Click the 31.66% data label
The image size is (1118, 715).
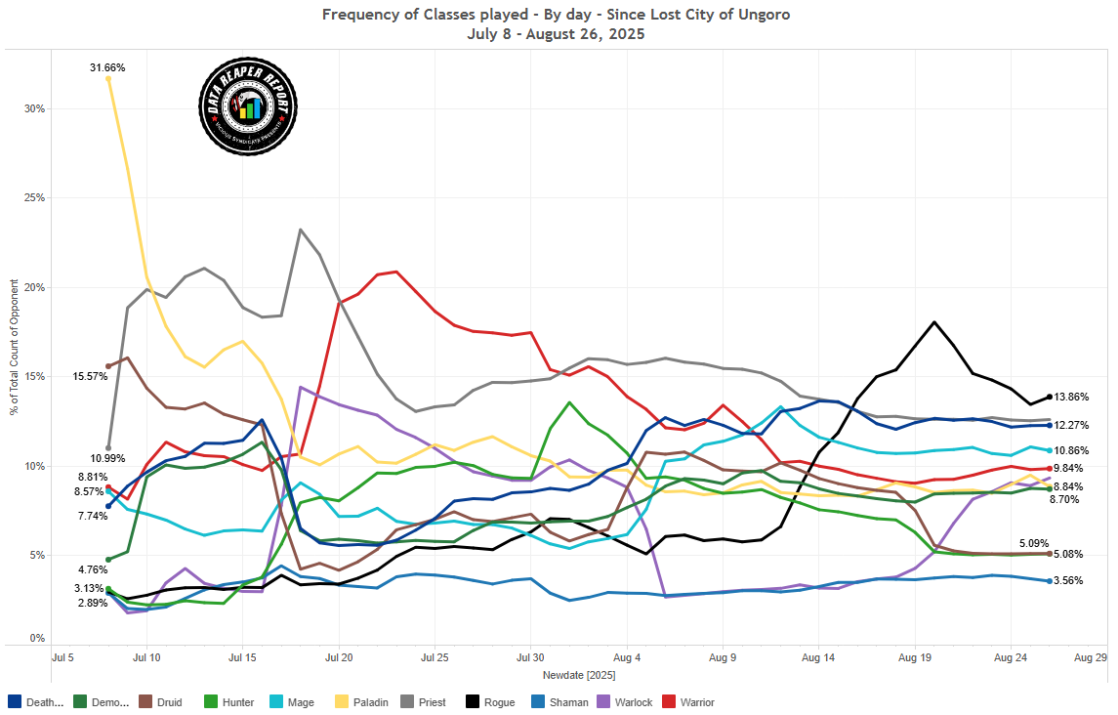(107, 67)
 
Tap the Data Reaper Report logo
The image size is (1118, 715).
(248, 105)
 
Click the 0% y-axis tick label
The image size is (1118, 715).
(38, 638)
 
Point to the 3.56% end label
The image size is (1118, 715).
(1070, 580)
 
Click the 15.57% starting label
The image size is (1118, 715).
(89, 376)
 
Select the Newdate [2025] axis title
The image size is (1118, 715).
(578, 675)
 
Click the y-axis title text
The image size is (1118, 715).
(14, 347)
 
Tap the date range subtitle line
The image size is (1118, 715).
(558, 33)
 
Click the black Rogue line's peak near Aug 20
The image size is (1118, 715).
(934, 321)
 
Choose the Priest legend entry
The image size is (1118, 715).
(424, 701)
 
